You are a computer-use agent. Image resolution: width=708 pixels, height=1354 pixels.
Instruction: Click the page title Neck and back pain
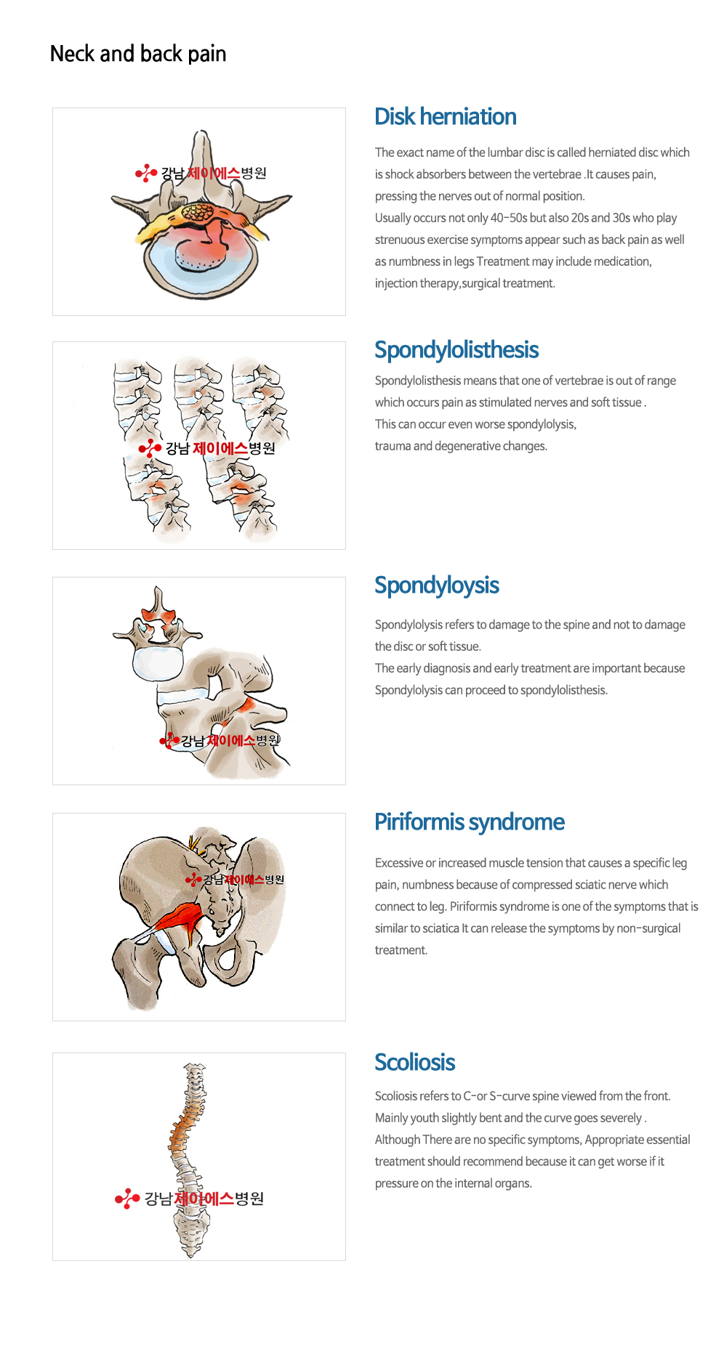(138, 54)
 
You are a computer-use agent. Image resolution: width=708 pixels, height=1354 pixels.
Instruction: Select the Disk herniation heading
(446, 116)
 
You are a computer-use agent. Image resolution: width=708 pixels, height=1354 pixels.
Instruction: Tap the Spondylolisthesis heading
(456, 350)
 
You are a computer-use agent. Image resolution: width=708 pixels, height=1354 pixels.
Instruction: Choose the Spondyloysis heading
(437, 585)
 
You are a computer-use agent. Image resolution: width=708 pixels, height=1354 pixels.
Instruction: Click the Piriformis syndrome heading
(470, 822)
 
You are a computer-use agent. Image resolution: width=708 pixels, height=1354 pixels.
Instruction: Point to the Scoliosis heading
(415, 1062)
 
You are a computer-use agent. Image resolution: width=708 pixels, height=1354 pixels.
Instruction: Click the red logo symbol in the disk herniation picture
(146, 173)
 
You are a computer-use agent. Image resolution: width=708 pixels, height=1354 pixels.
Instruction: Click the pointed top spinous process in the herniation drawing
(202, 142)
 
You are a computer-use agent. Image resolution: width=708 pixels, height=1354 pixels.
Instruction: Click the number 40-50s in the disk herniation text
(509, 218)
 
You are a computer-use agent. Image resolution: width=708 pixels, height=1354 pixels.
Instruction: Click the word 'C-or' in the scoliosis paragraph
(475, 1096)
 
